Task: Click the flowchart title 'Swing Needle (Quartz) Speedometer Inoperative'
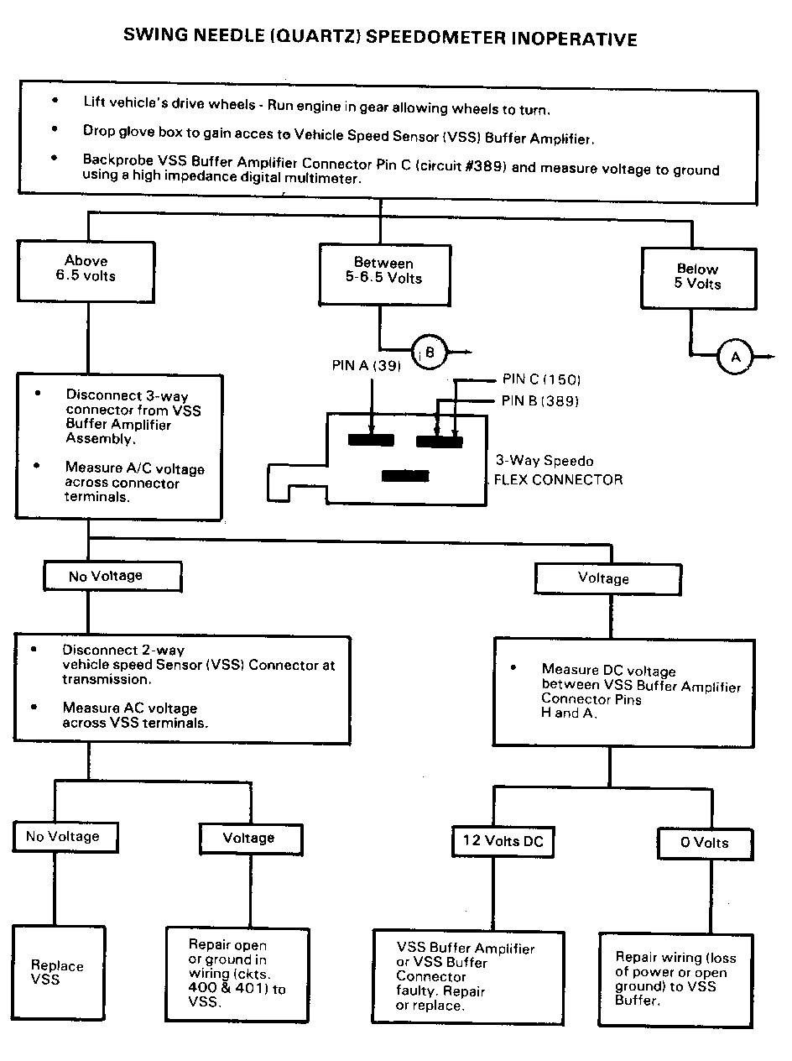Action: tap(380, 38)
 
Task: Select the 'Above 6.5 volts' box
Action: tap(86, 268)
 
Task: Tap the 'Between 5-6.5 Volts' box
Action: tap(383, 273)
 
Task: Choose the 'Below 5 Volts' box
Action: tap(696, 278)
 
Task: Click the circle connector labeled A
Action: tap(736, 358)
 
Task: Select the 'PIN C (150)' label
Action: tap(541, 380)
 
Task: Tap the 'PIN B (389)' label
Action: tap(540, 400)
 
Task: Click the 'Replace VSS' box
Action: tap(59, 972)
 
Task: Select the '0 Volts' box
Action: tap(704, 843)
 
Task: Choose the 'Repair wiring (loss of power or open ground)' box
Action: tap(675, 979)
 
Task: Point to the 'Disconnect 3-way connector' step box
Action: tap(120, 445)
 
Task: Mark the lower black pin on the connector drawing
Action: tap(405, 476)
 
